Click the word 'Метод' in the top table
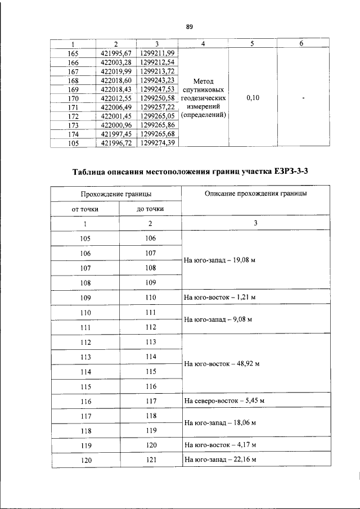pyautogui.click(x=202, y=81)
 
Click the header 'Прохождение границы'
pyautogui.click(x=116, y=194)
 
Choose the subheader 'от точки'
pyautogui.click(x=85, y=209)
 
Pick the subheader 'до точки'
pyautogui.click(x=150, y=209)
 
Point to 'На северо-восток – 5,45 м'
pyautogui.click(x=224, y=401)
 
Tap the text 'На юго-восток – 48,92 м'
pyautogui.click(x=221, y=363)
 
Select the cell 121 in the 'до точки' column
pyautogui.click(x=150, y=460)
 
